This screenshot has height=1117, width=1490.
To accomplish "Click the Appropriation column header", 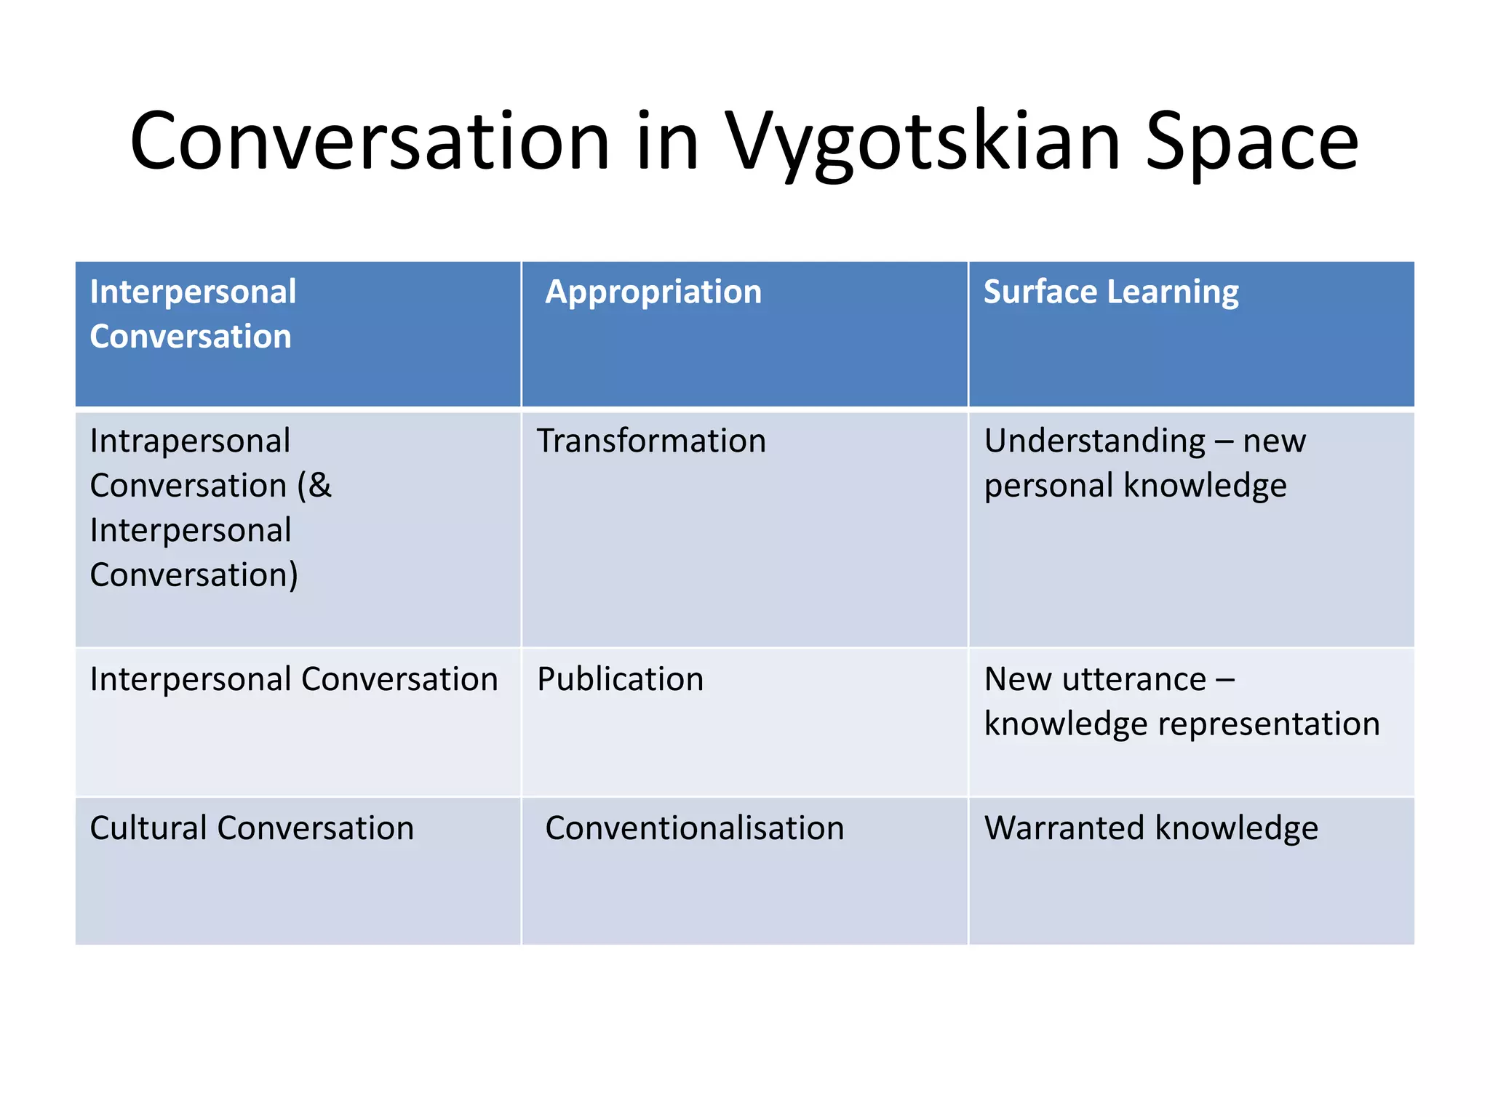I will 653,292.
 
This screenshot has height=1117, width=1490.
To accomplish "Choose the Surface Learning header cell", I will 1111,292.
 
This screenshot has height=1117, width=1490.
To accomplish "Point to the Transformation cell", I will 651,441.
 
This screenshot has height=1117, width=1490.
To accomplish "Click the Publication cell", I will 620,679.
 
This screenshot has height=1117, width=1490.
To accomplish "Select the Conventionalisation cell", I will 695,828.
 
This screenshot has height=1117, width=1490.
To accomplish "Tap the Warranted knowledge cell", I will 1151,828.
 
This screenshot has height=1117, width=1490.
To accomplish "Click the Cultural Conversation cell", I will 252,828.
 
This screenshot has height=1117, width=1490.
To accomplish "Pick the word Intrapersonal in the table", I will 190,441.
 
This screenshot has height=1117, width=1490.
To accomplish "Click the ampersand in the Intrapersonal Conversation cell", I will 319,486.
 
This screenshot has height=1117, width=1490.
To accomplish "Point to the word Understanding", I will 1094,441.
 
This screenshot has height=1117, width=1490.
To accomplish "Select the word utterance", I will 1134,679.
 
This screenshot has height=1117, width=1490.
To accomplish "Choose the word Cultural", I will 148,828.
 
